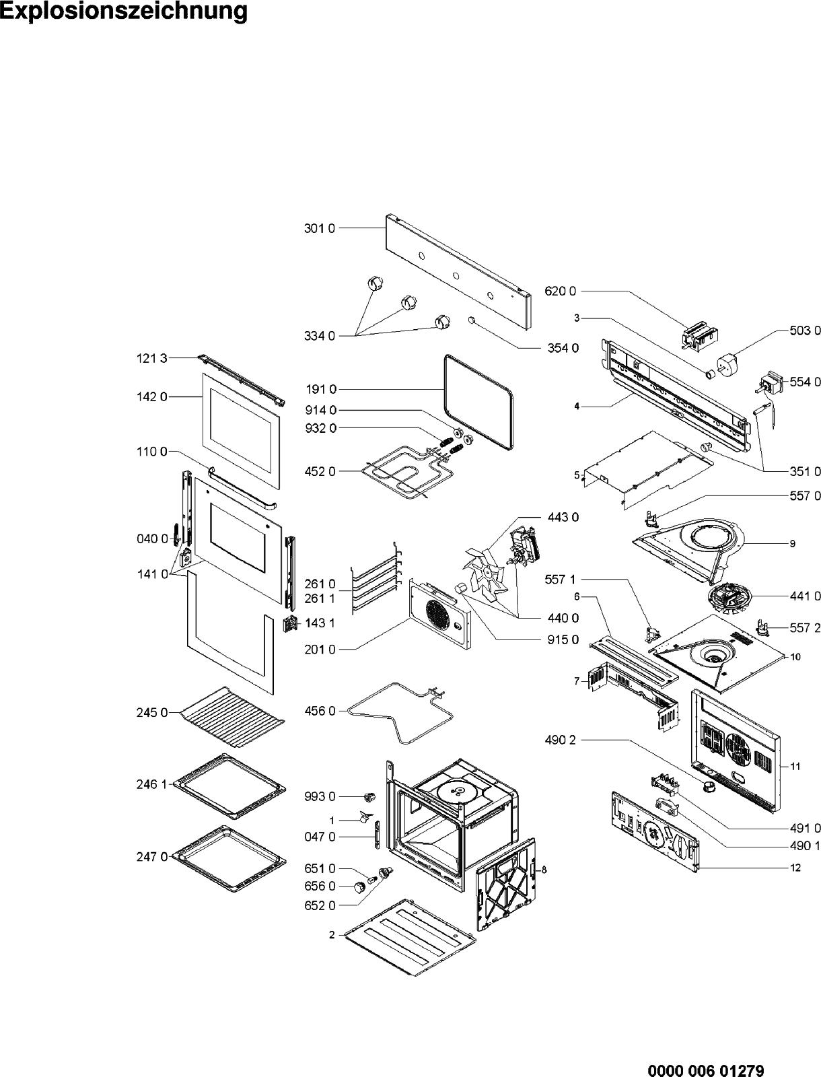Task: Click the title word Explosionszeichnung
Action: (124, 12)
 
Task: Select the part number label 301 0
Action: (319, 228)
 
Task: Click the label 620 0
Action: (560, 291)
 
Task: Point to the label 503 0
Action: (805, 331)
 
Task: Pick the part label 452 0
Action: (319, 471)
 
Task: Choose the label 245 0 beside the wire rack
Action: (151, 712)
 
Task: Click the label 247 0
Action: (151, 856)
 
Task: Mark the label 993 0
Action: (319, 796)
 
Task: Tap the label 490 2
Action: (560, 740)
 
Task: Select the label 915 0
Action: (563, 639)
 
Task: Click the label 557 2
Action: (805, 627)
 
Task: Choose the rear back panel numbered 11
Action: (734, 747)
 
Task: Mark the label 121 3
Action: (151, 359)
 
